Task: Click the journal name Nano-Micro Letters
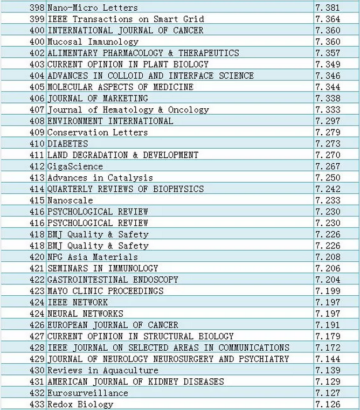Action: tap(93, 8)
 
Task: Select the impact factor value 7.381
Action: tap(328, 8)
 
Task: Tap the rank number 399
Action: tap(38, 19)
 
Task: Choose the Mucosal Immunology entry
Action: tap(93, 41)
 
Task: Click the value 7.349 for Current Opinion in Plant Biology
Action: tap(328, 64)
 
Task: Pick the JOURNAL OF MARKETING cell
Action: tap(98, 98)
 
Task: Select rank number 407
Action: tap(38, 109)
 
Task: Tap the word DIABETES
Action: tap(67, 143)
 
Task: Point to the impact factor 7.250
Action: tap(328, 177)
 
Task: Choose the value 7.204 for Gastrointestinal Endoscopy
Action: tap(328, 279)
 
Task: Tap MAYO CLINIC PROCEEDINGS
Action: tap(105, 290)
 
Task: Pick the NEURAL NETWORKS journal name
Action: tap(85, 313)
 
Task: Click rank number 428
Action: tap(38, 347)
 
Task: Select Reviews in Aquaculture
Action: tap(103, 370)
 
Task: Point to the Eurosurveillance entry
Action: tap(88, 392)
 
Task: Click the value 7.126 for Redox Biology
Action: tap(328, 404)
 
